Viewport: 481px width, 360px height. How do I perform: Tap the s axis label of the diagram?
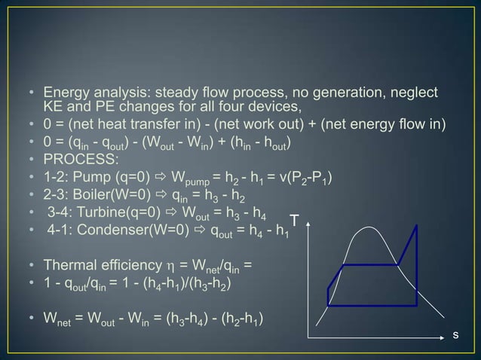pyautogui.click(x=455, y=332)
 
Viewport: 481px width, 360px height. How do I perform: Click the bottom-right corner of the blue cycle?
pyautogui.click(x=416, y=305)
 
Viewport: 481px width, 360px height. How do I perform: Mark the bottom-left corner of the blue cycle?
pyautogui.click(x=328, y=305)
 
